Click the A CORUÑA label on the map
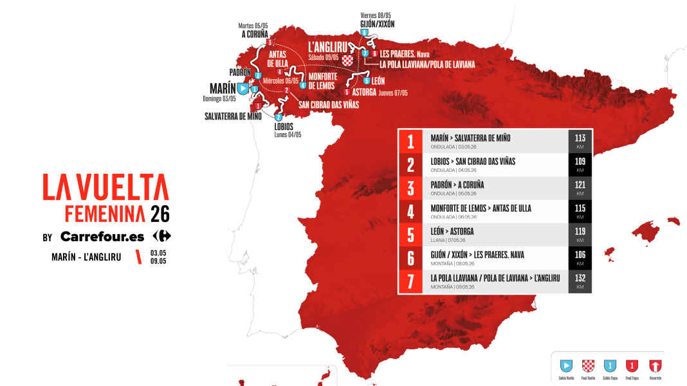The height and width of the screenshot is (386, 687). click(255, 34)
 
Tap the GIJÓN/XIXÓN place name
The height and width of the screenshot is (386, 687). click(377, 24)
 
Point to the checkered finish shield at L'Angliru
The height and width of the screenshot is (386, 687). click(348, 60)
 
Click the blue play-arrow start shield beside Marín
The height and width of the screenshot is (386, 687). click(243, 88)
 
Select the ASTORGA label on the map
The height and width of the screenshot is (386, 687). click(364, 92)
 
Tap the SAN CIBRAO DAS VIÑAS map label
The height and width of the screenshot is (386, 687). click(329, 104)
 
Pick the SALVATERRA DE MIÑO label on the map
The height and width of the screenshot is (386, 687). click(233, 116)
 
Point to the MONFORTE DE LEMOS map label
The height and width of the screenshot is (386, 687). click(327, 81)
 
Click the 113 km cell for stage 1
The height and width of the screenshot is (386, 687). click(580, 141)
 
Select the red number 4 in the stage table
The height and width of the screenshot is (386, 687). click(410, 212)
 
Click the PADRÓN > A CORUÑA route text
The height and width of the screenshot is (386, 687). click(457, 185)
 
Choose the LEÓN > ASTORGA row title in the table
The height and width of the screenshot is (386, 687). click(454, 231)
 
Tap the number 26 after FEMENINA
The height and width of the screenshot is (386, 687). click(160, 214)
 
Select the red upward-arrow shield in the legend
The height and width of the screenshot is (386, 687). click(655, 365)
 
